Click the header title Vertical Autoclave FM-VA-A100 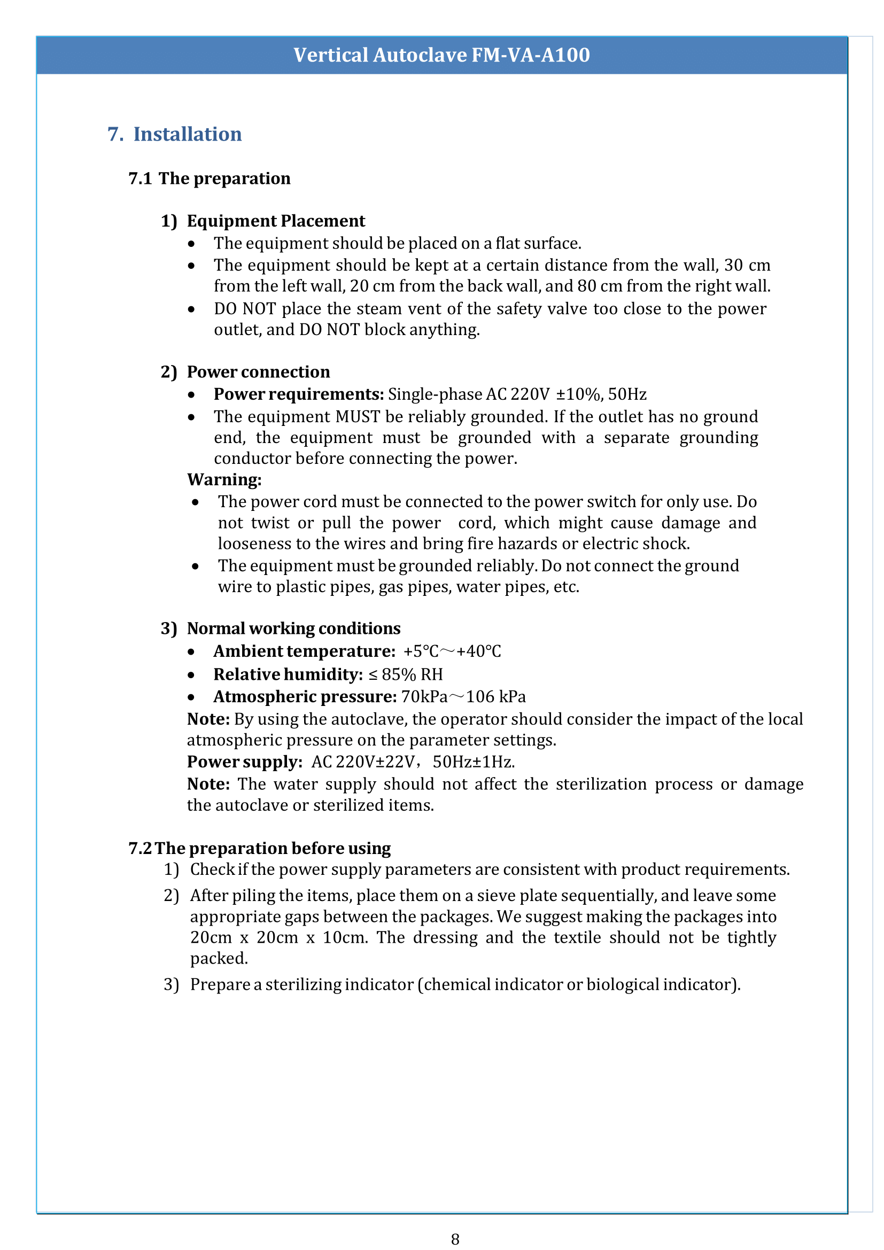click(x=441, y=55)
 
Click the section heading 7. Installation click(x=175, y=134)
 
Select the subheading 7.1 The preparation click(x=210, y=178)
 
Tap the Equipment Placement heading click(x=275, y=221)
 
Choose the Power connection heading click(x=258, y=372)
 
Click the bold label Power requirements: click(x=299, y=394)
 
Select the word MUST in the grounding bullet click(x=358, y=416)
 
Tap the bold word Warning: click(x=224, y=479)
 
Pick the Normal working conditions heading click(x=293, y=629)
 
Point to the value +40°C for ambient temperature click(x=478, y=651)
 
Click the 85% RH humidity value click(x=412, y=674)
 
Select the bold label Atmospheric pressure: click(x=305, y=697)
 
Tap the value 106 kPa click(x=496, y=697)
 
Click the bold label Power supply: click(x=244, y=762)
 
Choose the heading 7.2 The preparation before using click(x=260, y=849)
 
